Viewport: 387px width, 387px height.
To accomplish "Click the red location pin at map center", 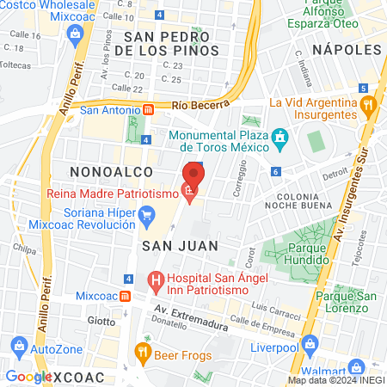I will [x=193, y=176].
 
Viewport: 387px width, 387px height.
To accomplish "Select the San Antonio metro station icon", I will [x=148, y=110].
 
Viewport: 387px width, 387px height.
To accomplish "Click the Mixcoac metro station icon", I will [x=126, y=295].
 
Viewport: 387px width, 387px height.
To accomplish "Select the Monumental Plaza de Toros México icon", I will [x=279, y=138].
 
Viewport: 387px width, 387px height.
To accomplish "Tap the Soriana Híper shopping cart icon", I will [x=146, y=214].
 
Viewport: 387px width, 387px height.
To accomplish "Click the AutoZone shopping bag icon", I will [x=19, y=348].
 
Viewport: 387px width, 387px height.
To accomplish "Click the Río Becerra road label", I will [x=200, y=105].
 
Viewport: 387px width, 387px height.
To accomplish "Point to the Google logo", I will [x=28, y=377].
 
